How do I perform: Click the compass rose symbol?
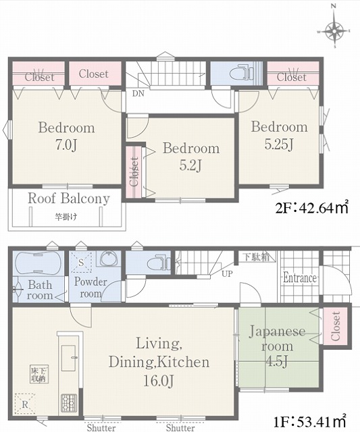pyautogui.click(x=334, y=30)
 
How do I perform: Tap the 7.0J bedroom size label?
pyautogui.click(x=66, y=145)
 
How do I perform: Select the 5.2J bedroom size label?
pyautogui.click(x=190, y=165)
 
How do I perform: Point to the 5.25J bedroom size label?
pyautogui.click(x=279, y=144)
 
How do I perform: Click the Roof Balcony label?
pyautogui.click(x=69, y=198)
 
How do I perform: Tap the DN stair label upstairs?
pyautogui.click(x=138, y=94)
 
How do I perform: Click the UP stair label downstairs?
pyautogui.click(x=227, y=274)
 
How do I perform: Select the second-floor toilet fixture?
pyautogui.click(x=242, y=72)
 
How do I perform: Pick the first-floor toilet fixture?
pyautogui.click(x=159, y=264)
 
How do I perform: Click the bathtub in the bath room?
pyautogui.click(x=38, y=263)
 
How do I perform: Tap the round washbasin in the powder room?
pyautogui.click(x=109, y=259)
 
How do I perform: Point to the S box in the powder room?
pyautogui.click(x=81, y=262)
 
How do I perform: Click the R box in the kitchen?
pyautogui.click(x=25, y=404)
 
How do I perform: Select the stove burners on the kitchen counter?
pyautogui.click(x=69, y=404)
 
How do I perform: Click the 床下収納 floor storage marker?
pyautogui.click(x=39, y=374)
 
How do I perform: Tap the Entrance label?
pyautogui.click(x=300, y=277)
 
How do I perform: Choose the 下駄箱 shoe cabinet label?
pyautogui.click(x=257, y=256)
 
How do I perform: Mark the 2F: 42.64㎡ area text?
pyautogui.click(x=312, y=207)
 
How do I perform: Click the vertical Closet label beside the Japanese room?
pyautogui.click(x=335, y=326)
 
